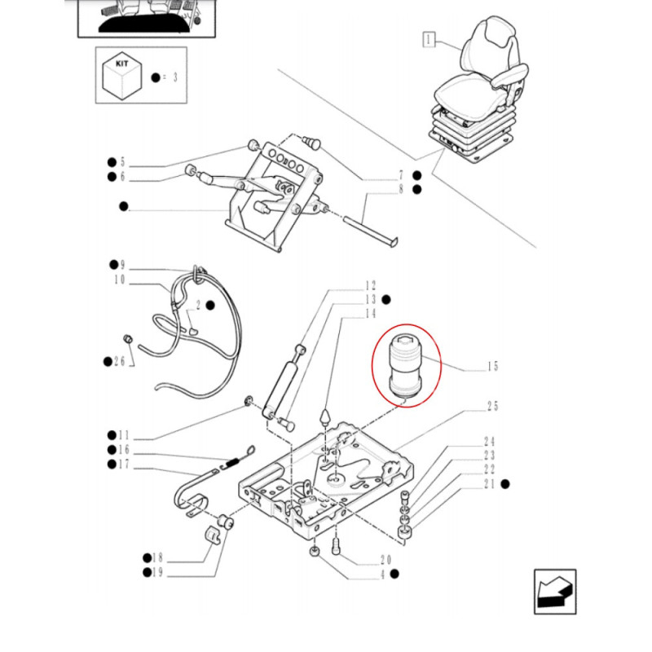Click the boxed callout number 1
(x=430, y=37)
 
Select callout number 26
(x=120, y=361)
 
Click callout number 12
(x=371, y=286)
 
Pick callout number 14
(x=371, y=314)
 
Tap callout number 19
(x=158, y=574)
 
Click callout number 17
(x=125, y=465)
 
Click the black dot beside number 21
(x=505, y=484)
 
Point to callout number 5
(x=123, y=162)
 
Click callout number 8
(x=401, y=190)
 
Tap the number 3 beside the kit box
(x=174, y=77)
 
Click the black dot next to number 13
(x=386, y=300)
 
